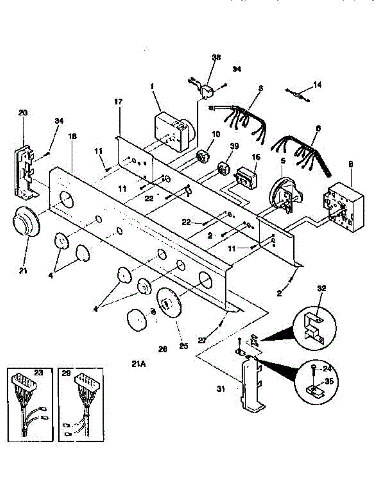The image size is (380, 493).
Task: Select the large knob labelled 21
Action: pos(25,224)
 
